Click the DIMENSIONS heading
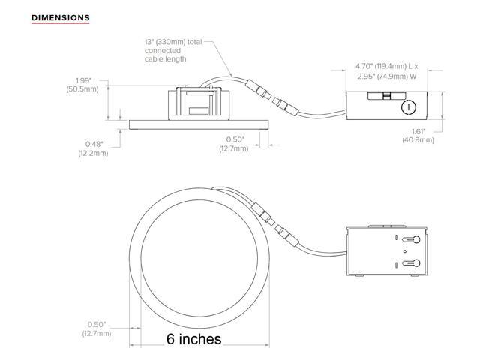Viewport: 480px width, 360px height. tap(61, 17)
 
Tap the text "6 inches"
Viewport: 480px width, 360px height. tap(193, 339)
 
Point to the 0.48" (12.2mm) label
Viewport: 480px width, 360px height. tap(93, 148)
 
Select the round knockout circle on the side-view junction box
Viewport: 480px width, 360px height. tap(409, 107)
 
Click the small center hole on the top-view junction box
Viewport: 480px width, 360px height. tap(406, 249)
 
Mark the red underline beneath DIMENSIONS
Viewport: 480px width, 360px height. tap(61, 25)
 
